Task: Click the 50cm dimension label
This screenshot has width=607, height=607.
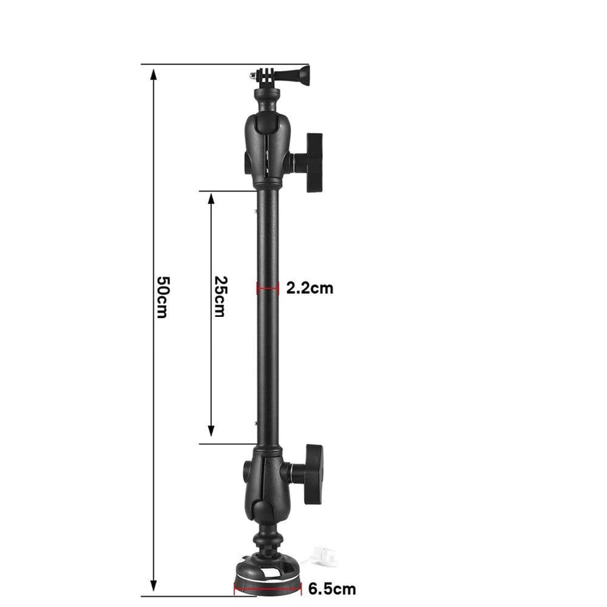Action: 163,297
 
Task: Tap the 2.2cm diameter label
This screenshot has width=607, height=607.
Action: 310,288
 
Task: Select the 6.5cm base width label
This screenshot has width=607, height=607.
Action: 332,589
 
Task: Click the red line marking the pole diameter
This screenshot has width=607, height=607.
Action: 268,288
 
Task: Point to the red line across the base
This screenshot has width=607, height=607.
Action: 268,589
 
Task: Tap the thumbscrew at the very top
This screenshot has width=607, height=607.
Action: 302,73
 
